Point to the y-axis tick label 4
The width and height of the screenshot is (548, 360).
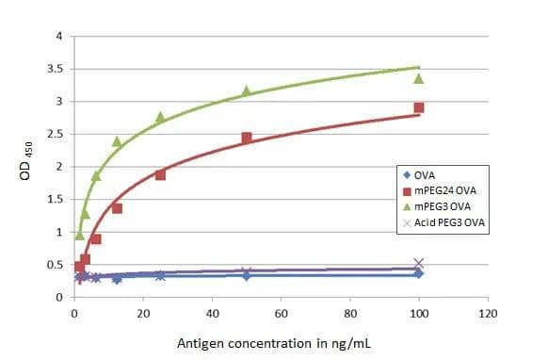pyautogui.click(x=59, y=37)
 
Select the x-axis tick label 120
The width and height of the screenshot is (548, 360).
pyautogui.click(x=488, y=313)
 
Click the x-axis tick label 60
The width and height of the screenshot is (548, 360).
pyautogui.click(x=281, y=313)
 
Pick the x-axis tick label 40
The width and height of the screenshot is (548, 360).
pyautogui.click(x=212, y=313)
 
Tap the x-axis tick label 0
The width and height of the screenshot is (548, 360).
pyautogui.click(x=73, y=313)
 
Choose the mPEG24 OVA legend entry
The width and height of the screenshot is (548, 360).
pyautogui.click(x=438, y=191)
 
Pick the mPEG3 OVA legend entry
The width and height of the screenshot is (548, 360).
pyautogui.click(x=436, y=206)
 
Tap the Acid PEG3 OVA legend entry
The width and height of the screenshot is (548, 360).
pyautogui.click(x=442, y=222)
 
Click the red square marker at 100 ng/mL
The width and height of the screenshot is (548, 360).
pyautogui.click(x=419, y=108)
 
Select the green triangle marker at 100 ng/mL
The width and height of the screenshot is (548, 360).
pyautogui.click(x=419, y=78)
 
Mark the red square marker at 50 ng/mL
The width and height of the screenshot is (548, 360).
pyautogui.click(x=247, y=138)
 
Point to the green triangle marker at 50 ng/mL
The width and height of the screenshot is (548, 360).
pyautogui.click(x=247, y=90)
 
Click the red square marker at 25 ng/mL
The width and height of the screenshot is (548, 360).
pyautogui.click(x=160, y=174)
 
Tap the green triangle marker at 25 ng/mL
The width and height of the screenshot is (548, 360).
pyautogui.click(x=160, y=117)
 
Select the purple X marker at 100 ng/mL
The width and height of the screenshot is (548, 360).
pyautogui.click(x=419, y=264)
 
